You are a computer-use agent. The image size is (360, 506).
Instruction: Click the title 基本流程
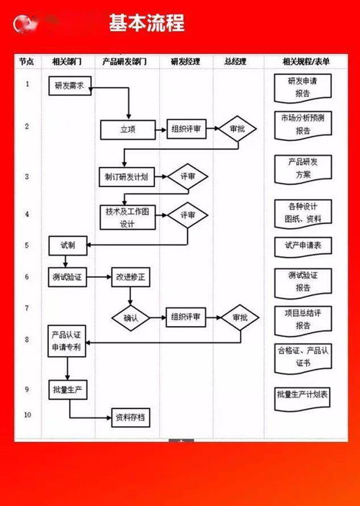147,24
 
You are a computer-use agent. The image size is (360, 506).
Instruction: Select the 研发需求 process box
70,86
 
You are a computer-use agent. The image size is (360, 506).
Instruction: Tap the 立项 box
127,130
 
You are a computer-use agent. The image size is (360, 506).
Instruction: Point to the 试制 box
66,245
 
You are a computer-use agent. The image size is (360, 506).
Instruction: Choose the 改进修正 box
130,277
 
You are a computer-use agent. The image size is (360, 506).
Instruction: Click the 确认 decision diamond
130,317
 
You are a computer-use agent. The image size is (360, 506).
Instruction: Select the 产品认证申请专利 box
67,341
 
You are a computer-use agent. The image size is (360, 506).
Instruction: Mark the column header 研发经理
185,62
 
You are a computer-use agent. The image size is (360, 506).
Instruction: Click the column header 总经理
235,62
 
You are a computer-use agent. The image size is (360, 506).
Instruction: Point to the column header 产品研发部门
125,62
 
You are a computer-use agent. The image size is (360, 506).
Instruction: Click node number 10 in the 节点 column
27,415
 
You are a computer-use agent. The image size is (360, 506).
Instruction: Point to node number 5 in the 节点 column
27,245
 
